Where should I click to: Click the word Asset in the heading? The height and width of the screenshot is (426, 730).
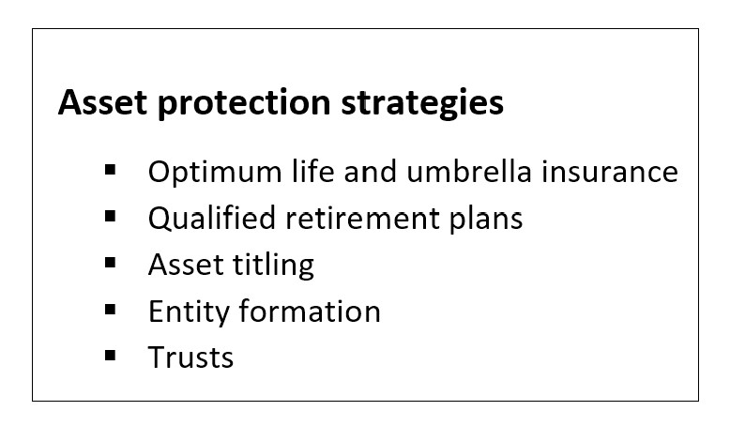pyautogui.click(x=102, y=102)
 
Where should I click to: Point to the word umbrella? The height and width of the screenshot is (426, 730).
pyautogui.click(x=469, y=171)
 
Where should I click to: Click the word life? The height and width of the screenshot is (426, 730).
pyautogui.click(x=312, y=171)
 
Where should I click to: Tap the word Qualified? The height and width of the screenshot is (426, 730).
pyautogui.click(x=212, y=218)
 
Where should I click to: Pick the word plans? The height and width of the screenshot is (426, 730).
pyautogui.click(x=487, y=220)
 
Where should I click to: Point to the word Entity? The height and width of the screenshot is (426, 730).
pyautogui.click(x=189, y=312)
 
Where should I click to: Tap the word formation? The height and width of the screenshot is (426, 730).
pyautogui.click(x=310, y=311)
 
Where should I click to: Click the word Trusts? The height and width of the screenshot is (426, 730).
pyautogui.click(x=190, y=358)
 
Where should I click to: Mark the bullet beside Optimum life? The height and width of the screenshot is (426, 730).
pyautogui.click(x=111, y=170)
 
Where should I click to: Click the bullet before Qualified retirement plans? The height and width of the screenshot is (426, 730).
pyautogui.click(x=111, y=217)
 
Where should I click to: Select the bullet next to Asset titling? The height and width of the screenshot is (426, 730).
pyautogui.click(x=111, y=263)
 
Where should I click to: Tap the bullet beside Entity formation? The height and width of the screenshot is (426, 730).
pyautogui.click(x=111, y=310)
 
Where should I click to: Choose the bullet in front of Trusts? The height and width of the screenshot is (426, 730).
pyautogui.click(x=111, y=357)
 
